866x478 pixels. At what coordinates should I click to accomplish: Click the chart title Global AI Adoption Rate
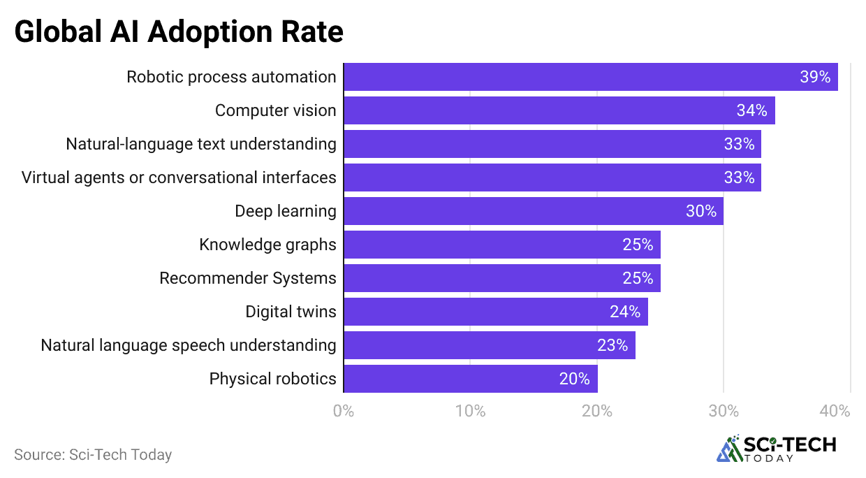[179, 31]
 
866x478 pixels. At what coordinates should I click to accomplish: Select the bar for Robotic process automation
[590, 77]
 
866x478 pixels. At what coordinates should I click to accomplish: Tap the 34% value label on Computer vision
[751, 110]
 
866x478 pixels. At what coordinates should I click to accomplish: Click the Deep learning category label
[285, 211]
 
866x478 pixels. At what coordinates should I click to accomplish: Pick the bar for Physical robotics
[470, 379]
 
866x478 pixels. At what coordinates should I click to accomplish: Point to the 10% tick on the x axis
[470, 411]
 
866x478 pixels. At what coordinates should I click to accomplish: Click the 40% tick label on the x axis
[835, 411]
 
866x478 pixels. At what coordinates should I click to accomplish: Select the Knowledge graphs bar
[501, 245]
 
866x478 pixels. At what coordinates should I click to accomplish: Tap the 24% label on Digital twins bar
[625, 312]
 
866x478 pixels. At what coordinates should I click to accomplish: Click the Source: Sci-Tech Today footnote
[93, 454]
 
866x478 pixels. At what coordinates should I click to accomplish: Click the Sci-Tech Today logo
[776, 449]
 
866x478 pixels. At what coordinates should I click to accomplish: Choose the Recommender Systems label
[247, 278]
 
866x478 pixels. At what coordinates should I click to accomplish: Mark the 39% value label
[814, 77]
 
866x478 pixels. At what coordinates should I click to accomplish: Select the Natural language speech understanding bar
[489, 345]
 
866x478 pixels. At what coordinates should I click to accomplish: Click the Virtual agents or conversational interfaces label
[179, 178]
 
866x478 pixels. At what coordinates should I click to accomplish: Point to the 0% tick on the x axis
[344, 411]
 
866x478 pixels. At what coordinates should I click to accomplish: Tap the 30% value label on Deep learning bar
[701, 211]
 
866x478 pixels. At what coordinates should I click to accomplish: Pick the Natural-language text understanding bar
[552, 144]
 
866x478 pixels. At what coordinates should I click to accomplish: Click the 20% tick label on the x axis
[597, 411]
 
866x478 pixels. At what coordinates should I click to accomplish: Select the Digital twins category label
[291, 312]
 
